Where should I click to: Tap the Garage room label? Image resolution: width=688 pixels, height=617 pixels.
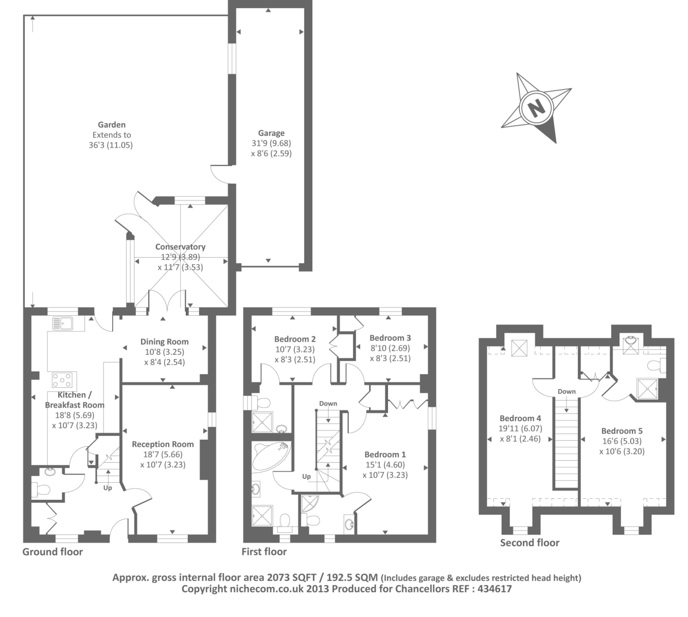click(x=271, y=133)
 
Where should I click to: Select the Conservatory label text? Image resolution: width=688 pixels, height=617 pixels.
click(x=180, y=247)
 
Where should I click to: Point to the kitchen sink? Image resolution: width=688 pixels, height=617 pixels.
click(x=63, y=323)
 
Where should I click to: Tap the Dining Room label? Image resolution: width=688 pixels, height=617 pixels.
click(x=164, y=342)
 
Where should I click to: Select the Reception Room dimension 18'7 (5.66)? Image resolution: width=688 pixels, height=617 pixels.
click(x=163, y=454)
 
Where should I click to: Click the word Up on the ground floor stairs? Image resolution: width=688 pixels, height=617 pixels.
click(x=108, y=488)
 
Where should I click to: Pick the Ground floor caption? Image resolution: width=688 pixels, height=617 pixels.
click(x=52, y=552)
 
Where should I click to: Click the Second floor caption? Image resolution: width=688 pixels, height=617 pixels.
click(x=530, y=542)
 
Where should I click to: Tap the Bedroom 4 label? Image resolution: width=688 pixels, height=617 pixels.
click(x=520, y=418)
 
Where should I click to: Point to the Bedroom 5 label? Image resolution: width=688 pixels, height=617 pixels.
click(x=622, y=431)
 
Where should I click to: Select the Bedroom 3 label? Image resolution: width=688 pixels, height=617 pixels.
click(x=390, y=338)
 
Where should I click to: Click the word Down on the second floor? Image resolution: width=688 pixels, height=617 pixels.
click(x=567, y=391)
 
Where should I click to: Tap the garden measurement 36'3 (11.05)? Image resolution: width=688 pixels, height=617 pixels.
click(x=111, y=146)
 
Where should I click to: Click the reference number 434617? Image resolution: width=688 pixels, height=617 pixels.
click(x=495, y=589)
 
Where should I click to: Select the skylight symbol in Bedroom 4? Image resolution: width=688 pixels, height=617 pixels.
click(x=519, y=348)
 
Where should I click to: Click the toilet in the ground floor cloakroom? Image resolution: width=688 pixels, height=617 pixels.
click(x=41, y=489)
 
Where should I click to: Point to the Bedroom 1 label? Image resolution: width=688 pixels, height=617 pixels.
click(x=385, y=455)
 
